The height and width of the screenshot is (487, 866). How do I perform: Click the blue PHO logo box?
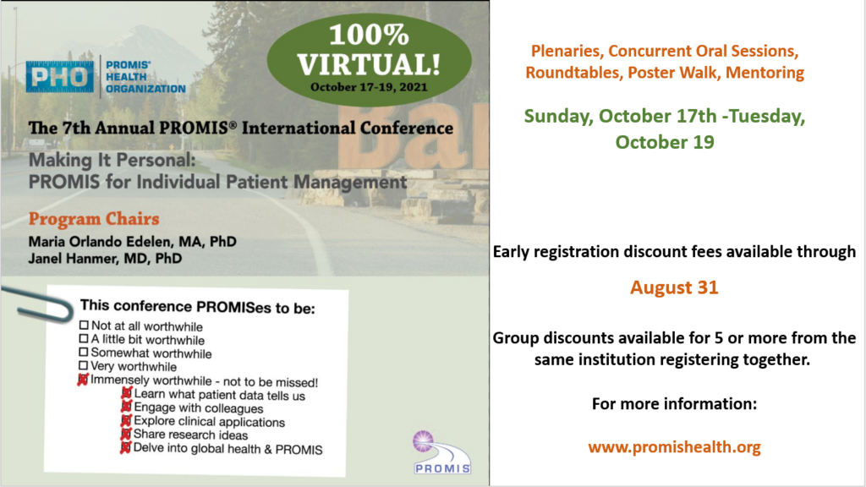pos(60,77)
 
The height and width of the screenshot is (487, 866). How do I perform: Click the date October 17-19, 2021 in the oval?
pos(369,87)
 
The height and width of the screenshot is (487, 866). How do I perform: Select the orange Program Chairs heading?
pos(94,219)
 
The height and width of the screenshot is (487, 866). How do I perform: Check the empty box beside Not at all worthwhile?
pos(84,326)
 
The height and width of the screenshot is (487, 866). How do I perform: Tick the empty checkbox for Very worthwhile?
pos(84,365)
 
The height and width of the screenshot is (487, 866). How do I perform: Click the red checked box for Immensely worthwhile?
pos(83,380)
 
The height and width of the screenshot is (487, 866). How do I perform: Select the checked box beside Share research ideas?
pos(126,434)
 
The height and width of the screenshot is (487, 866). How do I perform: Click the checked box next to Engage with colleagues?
pos(127,407)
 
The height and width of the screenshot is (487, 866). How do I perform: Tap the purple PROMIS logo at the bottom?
pos(441,452)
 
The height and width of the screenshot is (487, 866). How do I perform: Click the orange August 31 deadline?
pos(674,287)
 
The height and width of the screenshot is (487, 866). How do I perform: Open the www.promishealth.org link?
pos(674,446)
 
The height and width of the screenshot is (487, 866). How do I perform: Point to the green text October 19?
pos(665,142)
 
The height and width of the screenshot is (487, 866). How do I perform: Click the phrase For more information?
pos(674,404)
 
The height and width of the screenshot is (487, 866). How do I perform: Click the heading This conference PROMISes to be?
pos(198,307)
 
